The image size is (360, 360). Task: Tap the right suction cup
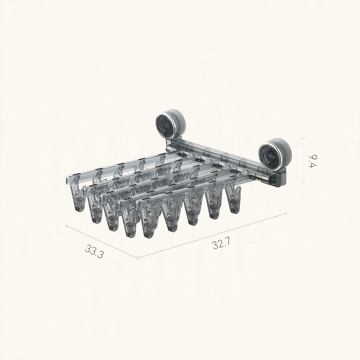(x=275, y=153)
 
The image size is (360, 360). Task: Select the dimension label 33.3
(x=94, y=252)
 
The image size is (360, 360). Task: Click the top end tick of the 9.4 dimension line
(x=303, y=139)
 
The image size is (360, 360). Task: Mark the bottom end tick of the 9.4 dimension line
(x=303, y=183)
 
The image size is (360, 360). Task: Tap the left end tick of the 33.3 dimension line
(x=66, y=226)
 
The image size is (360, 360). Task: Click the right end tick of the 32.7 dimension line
(x=286, y=213)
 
